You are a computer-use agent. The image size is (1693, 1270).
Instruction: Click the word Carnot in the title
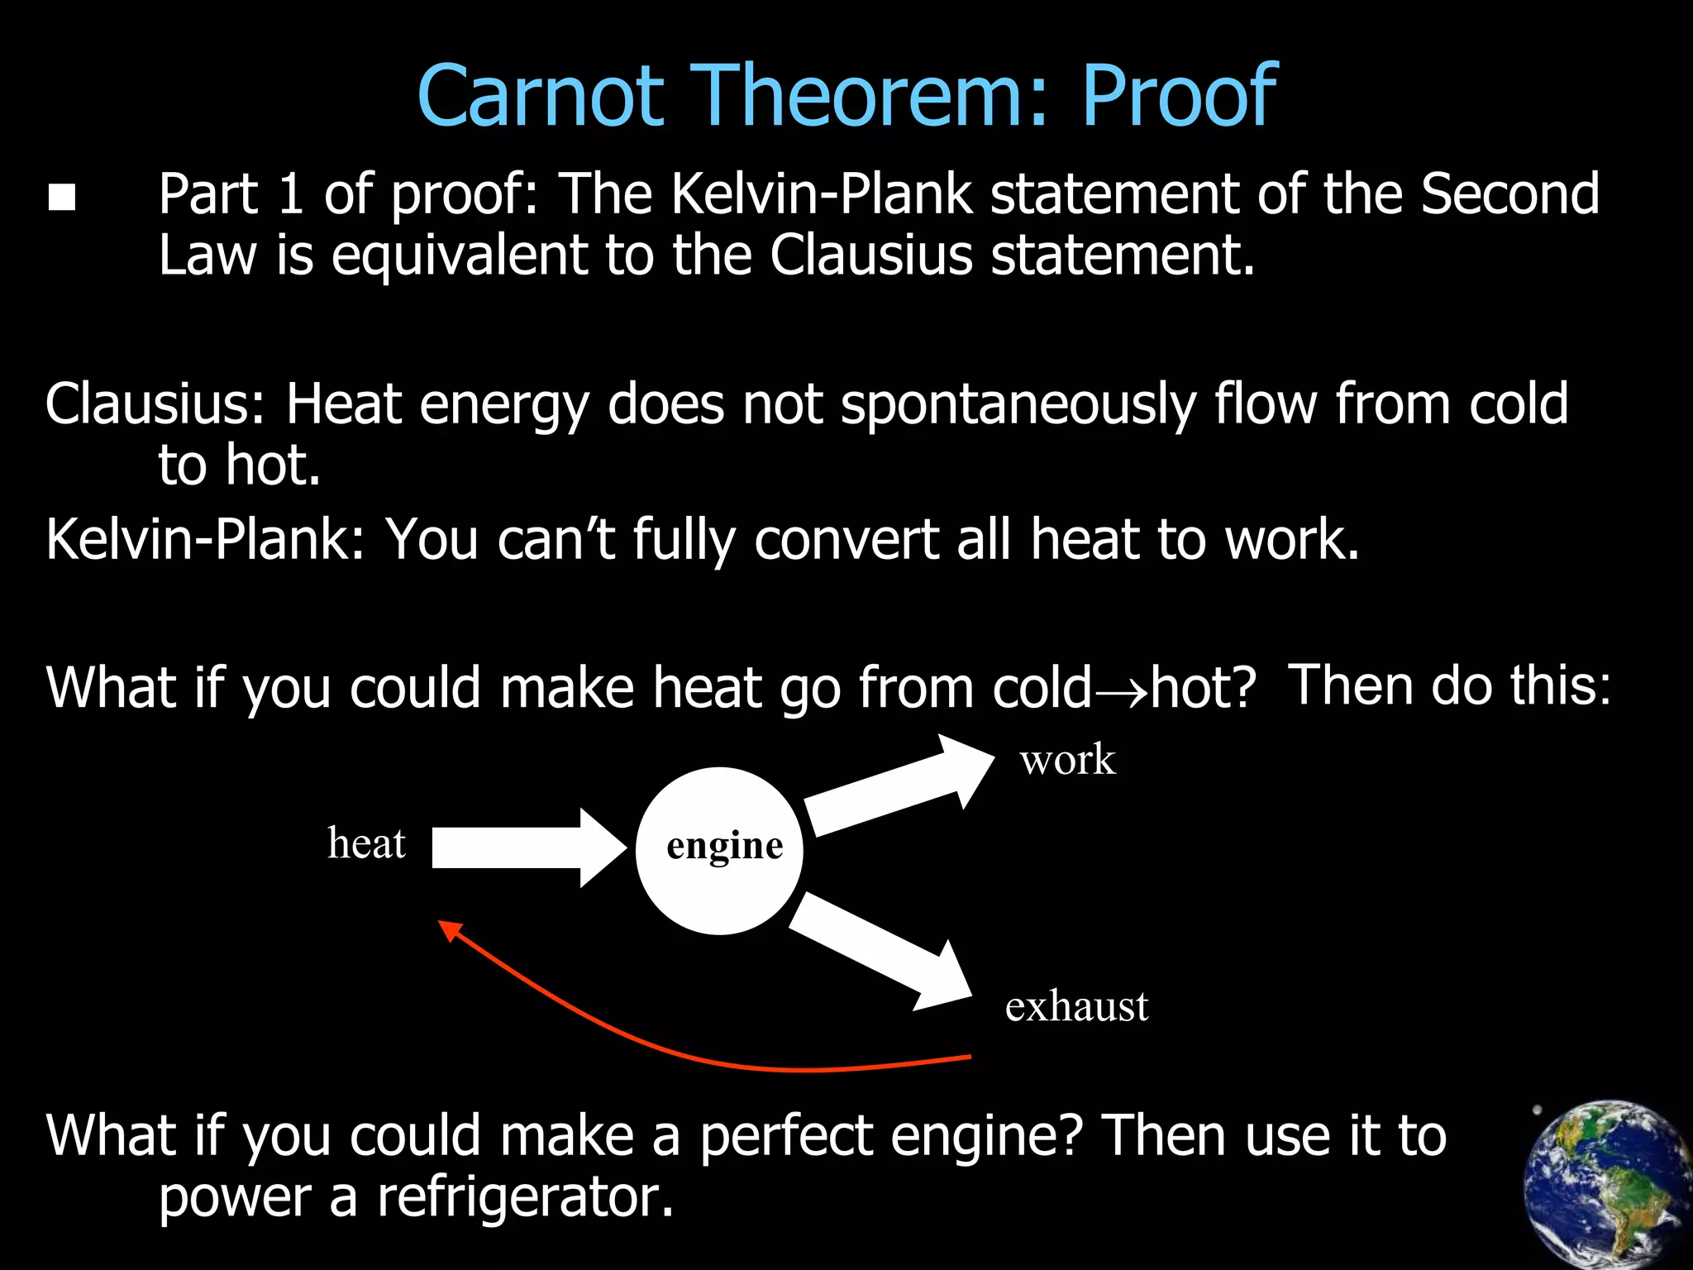tap(541, 97)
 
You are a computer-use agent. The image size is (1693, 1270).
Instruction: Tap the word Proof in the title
tap(1179, 97)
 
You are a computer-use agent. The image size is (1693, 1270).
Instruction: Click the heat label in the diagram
tap(366, 844)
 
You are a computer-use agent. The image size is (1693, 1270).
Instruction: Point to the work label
tap(1067, 760)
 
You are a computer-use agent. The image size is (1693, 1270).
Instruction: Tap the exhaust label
tap(1076, 1007)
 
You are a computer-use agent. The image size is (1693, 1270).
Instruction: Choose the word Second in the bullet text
tap(1509, 195)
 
